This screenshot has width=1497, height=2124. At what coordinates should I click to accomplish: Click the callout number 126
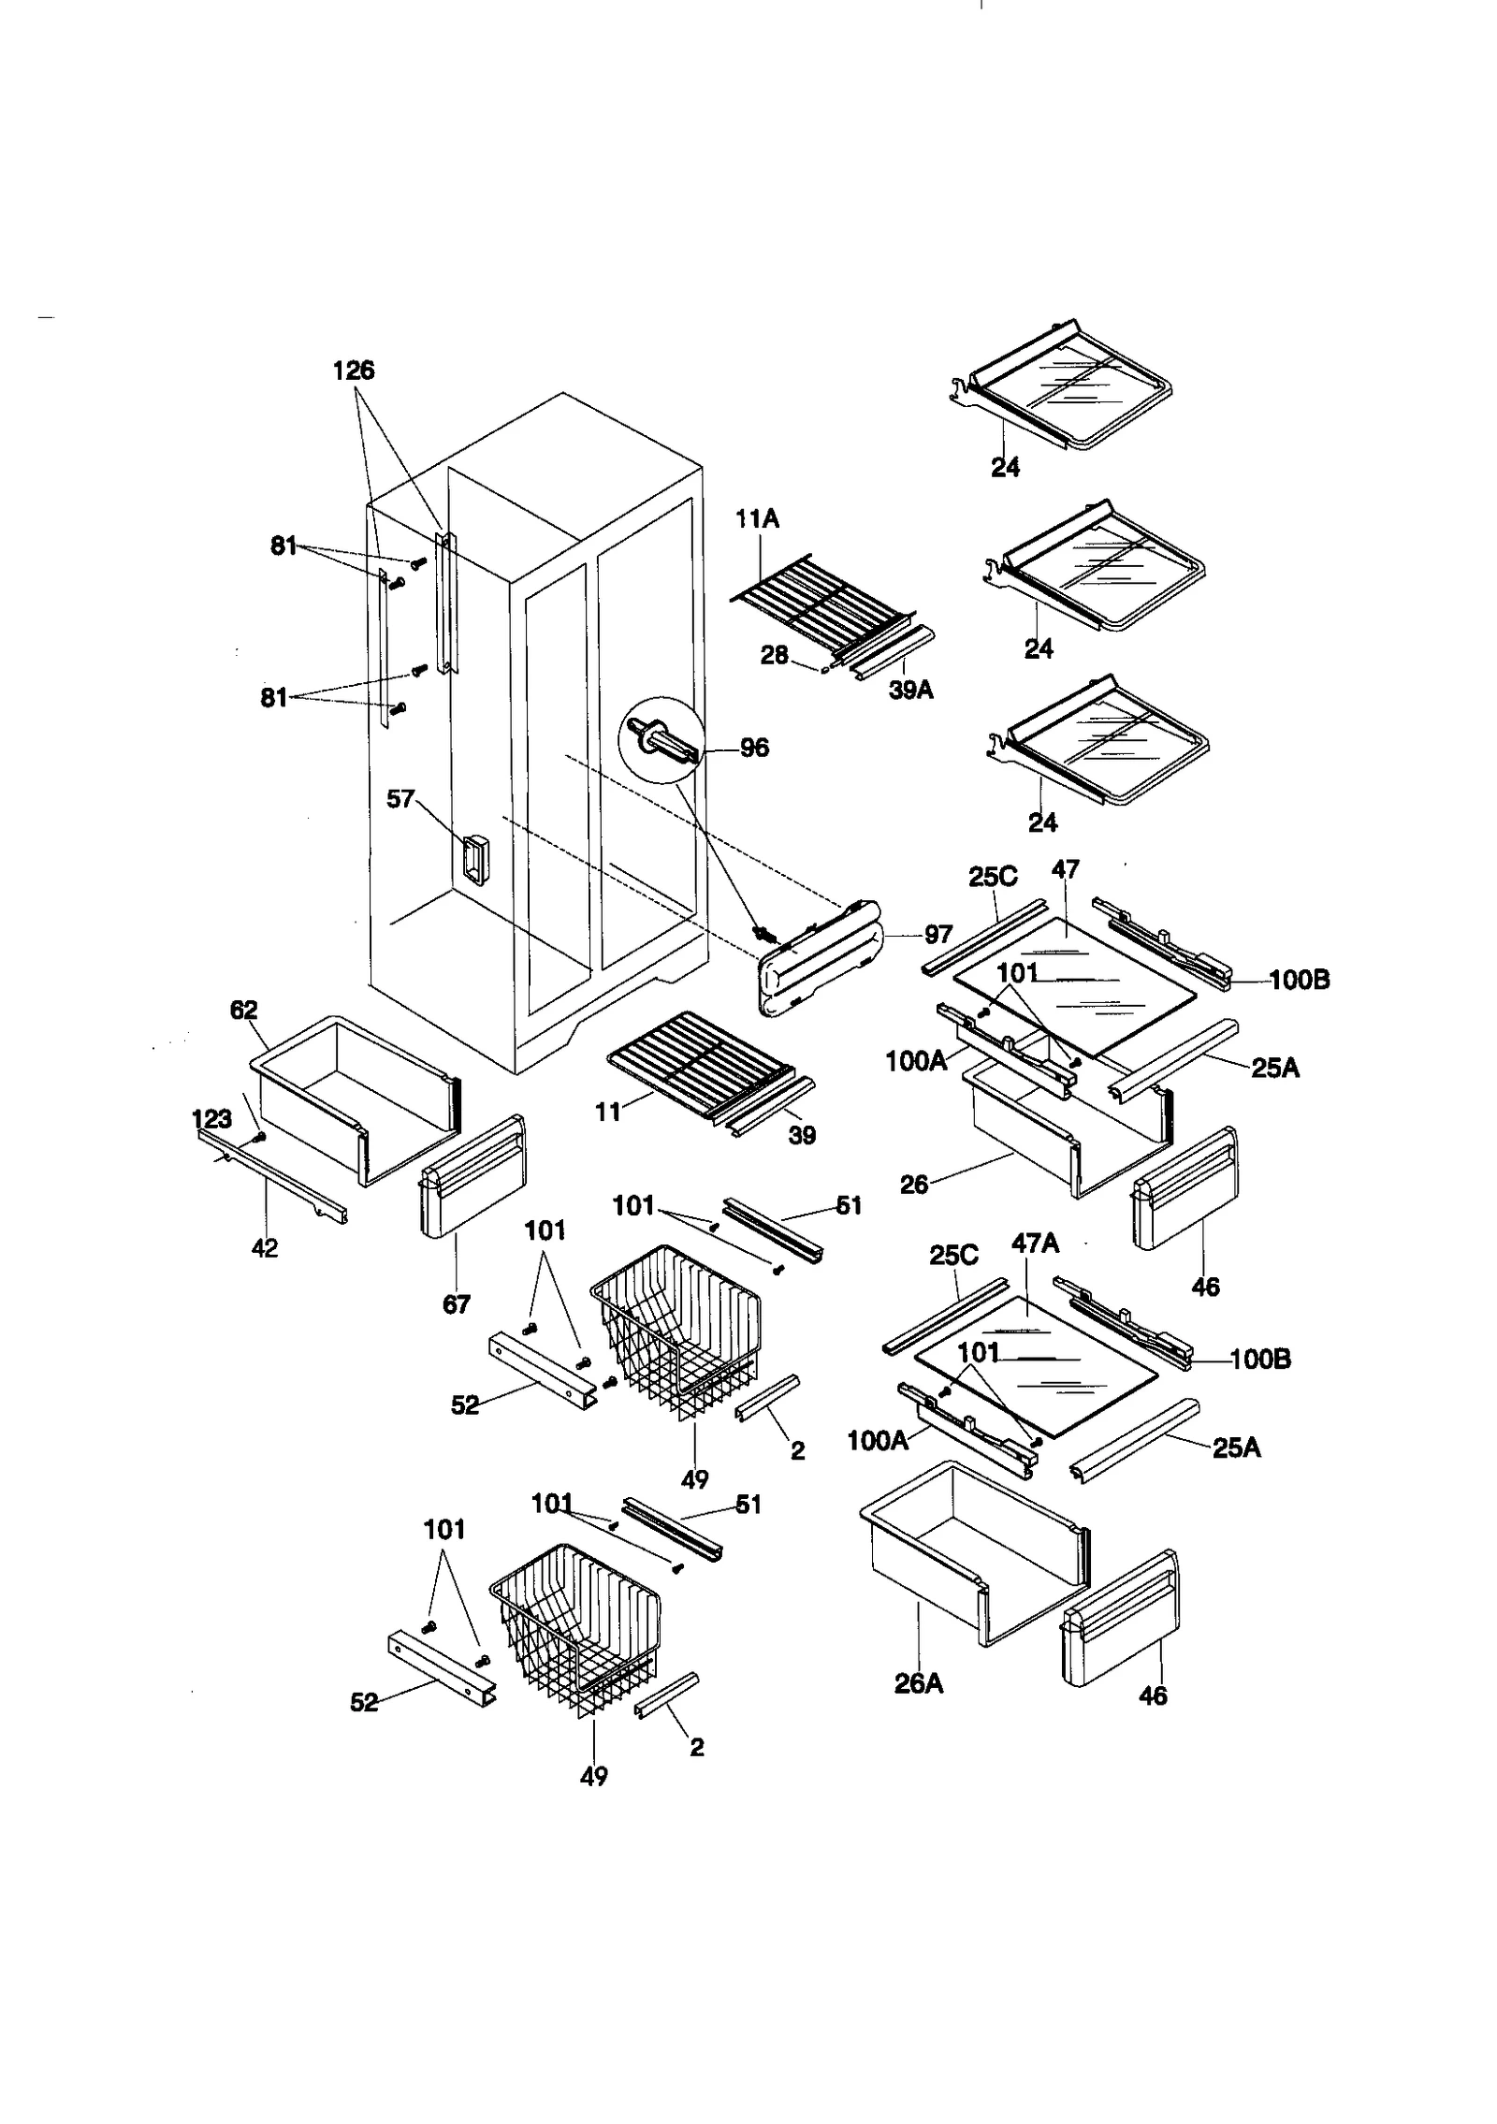coord(354,371)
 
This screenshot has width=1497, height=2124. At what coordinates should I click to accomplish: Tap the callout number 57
coord(400,799)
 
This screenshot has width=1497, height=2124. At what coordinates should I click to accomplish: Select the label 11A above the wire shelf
coord(757,518)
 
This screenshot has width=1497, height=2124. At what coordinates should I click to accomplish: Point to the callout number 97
coord(937,934)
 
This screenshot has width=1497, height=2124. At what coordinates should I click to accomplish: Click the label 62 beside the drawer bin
coord(243,1010)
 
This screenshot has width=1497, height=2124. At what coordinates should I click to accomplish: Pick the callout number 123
coord(211,1118)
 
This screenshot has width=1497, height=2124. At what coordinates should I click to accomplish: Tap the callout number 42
coord(265,1247)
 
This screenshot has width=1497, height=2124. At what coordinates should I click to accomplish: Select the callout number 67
coord(456,1303)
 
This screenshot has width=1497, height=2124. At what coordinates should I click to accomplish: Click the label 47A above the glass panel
coord(1035,1243)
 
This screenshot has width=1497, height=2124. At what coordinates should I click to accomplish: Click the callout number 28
coord(774,656)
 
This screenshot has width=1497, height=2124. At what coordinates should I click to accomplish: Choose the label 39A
coord(910,691)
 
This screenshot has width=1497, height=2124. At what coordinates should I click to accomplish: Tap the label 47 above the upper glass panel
coord(1065,869)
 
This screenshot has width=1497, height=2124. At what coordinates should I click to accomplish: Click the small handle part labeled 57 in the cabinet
coord(472,858)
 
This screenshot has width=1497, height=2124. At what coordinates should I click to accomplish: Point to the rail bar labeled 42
coord(271,1175)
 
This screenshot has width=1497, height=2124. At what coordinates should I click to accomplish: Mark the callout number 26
coord(913,1185)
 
